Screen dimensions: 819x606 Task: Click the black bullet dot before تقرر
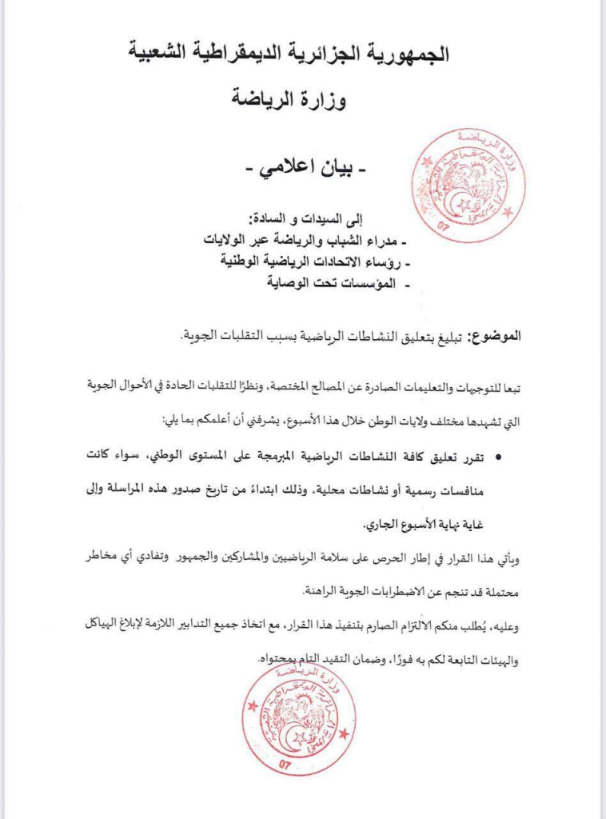[499, 457]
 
